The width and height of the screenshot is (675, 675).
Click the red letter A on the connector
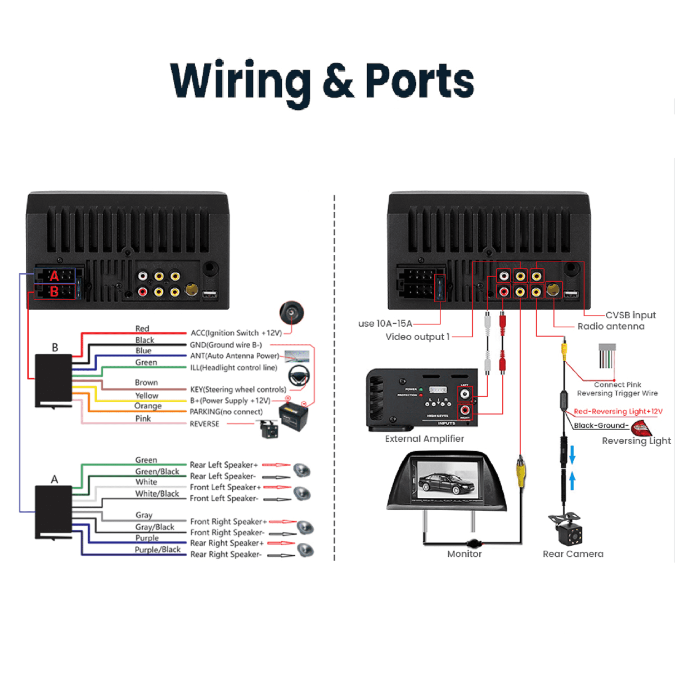click(54, 276)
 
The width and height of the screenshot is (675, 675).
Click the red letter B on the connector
click(54, 292)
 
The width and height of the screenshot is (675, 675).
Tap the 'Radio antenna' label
click(611, 326)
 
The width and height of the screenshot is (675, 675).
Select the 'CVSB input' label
click(630, 315)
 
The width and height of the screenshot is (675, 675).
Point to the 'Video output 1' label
click(417, 337)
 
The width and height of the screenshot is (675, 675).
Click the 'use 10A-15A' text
click(385, 324)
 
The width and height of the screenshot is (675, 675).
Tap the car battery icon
click(293, 416)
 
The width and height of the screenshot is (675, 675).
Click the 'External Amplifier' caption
click(424, 439)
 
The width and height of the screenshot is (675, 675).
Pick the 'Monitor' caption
click(464, 554)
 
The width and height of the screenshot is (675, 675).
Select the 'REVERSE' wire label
click(204, 424)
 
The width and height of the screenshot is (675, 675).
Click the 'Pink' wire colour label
click(143, 418)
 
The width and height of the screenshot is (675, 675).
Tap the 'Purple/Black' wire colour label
click(157, 549)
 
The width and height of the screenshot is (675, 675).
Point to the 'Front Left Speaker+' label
click(225, 487)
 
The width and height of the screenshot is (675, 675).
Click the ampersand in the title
click(337, 81)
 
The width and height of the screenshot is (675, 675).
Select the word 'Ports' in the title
click(419, 81)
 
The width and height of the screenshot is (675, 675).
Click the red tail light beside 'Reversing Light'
click(641, 427)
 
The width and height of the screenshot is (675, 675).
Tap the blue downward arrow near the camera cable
click(572, 454)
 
